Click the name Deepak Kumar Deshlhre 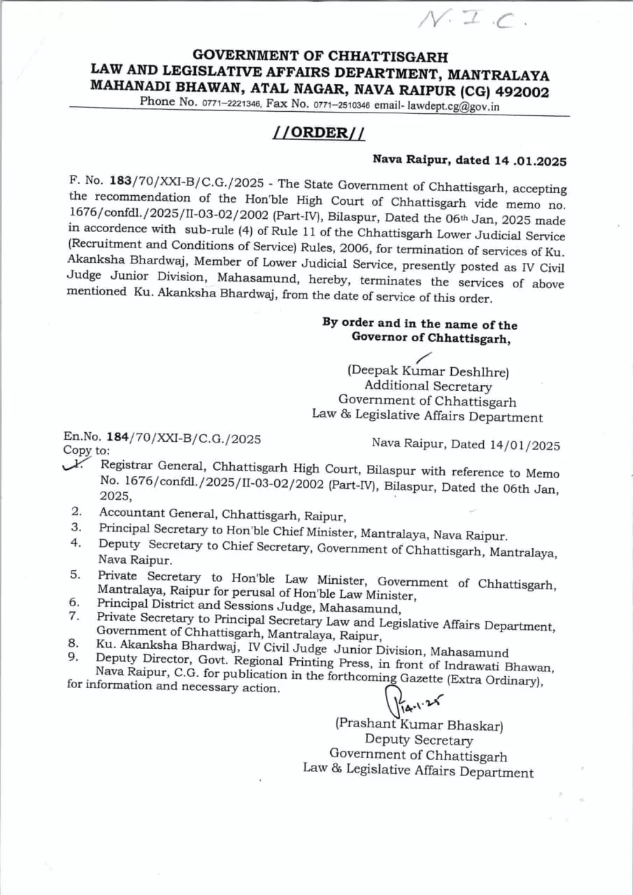point(428,371)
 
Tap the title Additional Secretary point(427,386)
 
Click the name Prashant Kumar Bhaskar point(419,725)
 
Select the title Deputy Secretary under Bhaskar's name point(418,740)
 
